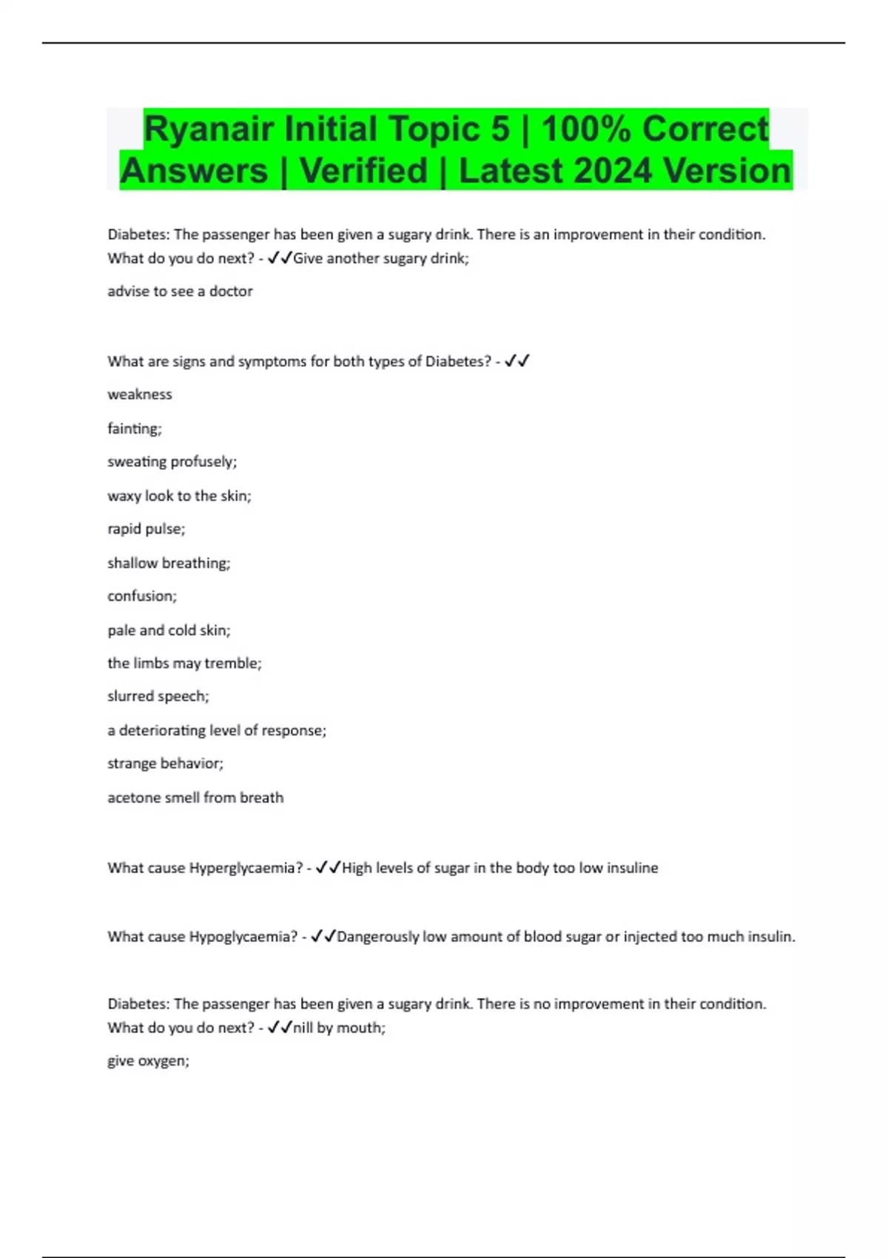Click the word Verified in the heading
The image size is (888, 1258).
(x=363, y=171)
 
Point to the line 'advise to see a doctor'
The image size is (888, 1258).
(x=180, y=292)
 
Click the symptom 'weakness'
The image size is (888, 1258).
(x=140, y=394)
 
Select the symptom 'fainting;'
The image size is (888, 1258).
(x=135, y=428)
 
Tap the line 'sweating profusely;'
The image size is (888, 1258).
(x=172, y=462)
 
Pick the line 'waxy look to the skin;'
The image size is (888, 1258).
(x=179, y=496)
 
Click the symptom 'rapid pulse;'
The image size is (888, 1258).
(x=147, y=529)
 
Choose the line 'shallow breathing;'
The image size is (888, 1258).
(x=169, y=563)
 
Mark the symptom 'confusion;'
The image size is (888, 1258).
(x=142, y=596)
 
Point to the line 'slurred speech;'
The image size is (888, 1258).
(x=158, y=696)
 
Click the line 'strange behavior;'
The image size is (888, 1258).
(x=165, y=764)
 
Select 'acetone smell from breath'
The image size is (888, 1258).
(x=195, y=798)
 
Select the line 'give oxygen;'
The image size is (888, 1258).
(x=148, y=1061)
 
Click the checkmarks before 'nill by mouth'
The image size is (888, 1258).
(x=280, y=1028)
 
